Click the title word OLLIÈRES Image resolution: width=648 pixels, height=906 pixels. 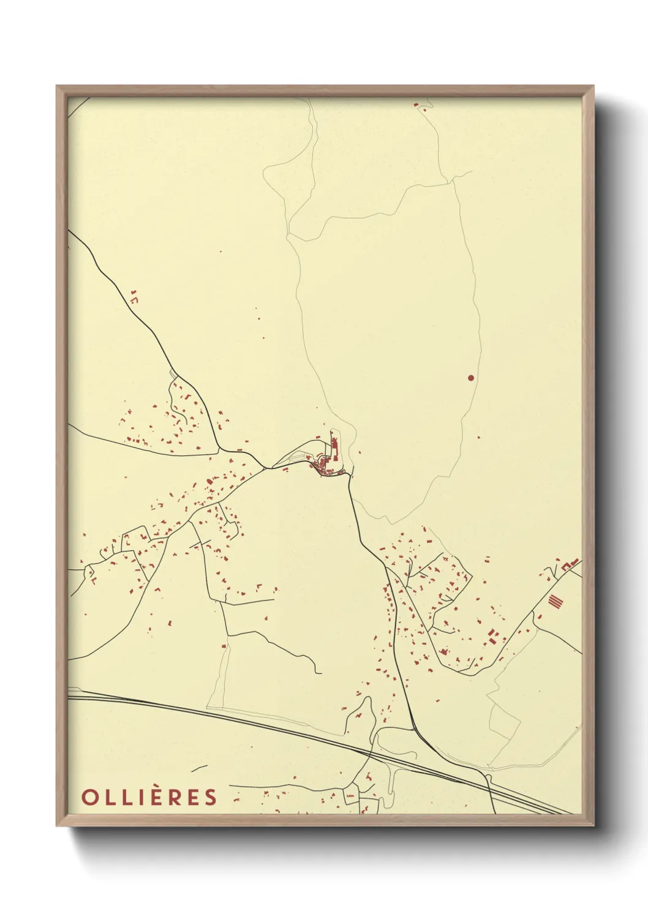click(x=149, y=797)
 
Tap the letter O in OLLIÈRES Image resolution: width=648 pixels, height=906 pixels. click(x=88, y=797)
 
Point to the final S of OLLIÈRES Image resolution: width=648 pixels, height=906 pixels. click(x=211, y=797)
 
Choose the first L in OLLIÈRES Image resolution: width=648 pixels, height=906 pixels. click(x=108, y=797)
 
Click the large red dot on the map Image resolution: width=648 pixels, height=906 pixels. click(x=470, y=378)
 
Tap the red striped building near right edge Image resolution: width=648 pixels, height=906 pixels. click(x=555, y=601)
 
